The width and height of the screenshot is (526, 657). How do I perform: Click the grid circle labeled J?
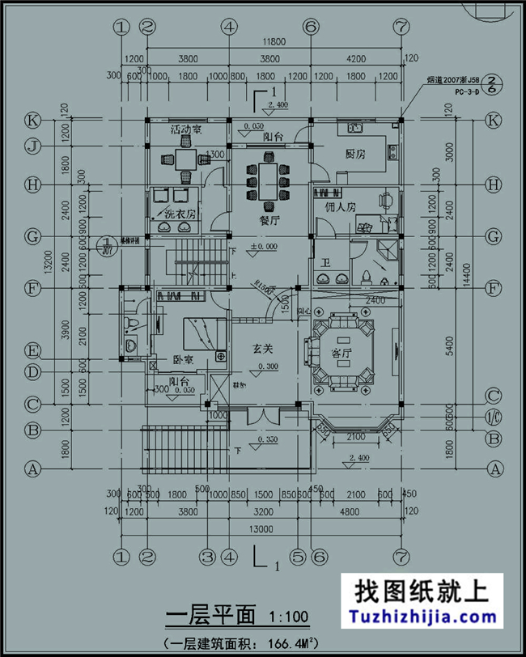tap(33, 146)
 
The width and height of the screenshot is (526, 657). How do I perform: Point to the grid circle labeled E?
tap(33, 351)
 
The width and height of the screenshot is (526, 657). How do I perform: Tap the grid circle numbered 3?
tap(207, 557)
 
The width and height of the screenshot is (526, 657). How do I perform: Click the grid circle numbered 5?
tap(297, 557)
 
